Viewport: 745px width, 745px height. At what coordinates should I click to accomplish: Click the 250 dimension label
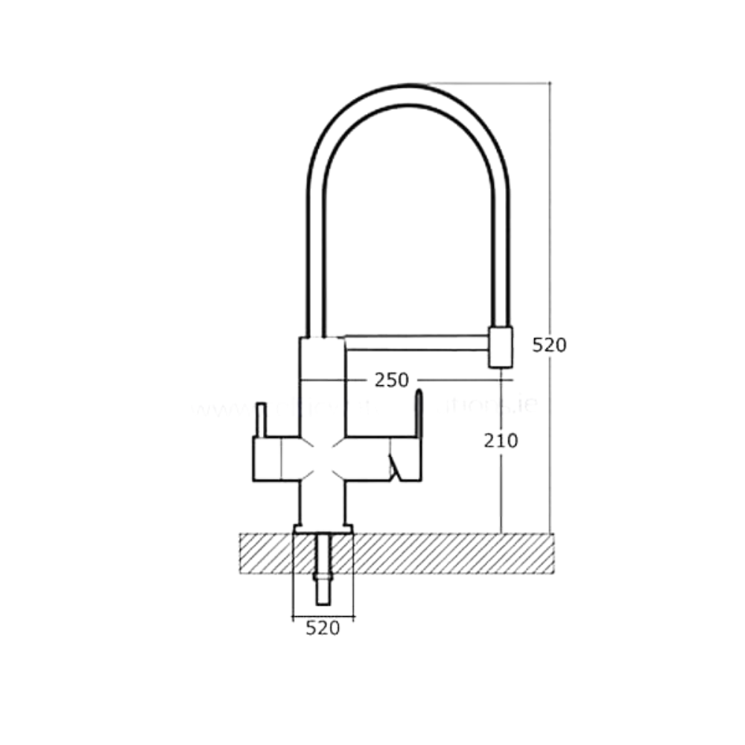391,380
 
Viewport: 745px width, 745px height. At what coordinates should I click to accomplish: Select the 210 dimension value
501,440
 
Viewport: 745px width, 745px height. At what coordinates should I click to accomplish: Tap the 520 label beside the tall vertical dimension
550,345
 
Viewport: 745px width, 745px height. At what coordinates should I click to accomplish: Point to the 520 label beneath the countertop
323,628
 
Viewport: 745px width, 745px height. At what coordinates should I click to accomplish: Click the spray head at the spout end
501,346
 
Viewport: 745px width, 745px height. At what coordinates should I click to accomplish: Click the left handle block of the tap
267,458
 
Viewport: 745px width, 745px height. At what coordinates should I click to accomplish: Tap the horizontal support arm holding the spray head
417,342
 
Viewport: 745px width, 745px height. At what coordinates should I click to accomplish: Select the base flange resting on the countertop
323,529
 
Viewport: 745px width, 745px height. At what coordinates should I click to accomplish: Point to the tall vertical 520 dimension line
550,223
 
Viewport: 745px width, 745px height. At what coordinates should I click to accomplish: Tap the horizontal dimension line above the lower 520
323,617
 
